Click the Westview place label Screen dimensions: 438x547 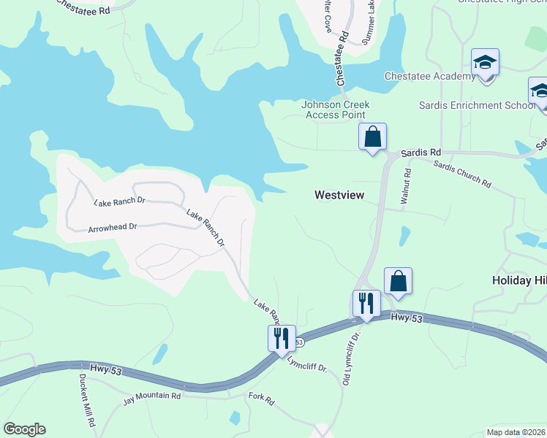[339, 195]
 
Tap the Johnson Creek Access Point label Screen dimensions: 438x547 [335, 109]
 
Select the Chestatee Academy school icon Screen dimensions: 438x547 [485, 64]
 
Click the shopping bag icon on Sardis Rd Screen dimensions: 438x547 [372, 136]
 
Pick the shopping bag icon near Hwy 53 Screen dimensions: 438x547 [398, 281]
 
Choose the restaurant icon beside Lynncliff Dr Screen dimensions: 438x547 [282, 338]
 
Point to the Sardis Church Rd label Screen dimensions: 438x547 [462, 173]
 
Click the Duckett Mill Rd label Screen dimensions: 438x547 [87, 401]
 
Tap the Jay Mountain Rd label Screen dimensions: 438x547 [151, 396]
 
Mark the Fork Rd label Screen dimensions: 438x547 [261, 401]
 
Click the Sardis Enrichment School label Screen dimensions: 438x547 [477, 105]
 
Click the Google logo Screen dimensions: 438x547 [24, 429]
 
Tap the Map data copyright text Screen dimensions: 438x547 [516, 432]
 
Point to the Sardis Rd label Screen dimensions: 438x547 [425, 152]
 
